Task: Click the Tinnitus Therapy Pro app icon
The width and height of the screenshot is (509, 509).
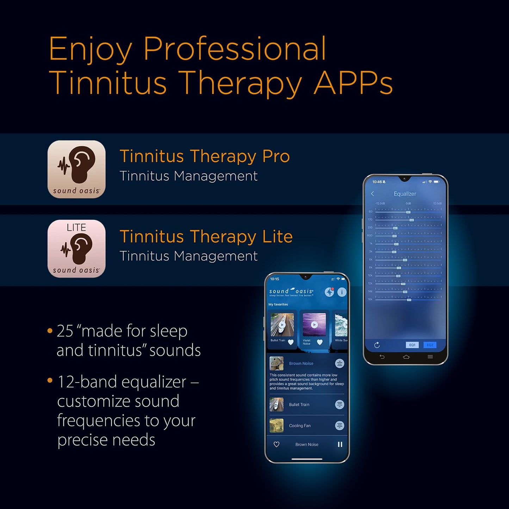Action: click(x=76, y=169)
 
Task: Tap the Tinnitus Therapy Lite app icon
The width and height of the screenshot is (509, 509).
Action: click(x=76, y=249)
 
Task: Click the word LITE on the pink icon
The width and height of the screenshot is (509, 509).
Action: click(x=76, y=228)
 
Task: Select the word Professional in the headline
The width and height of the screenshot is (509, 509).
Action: click(x=235, y=49)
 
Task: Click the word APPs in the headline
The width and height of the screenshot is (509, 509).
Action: click(x=353, y=83)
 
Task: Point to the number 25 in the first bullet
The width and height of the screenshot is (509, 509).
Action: click(x=65, y=331)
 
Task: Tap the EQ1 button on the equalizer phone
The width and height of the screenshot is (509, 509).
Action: click(x=412, y=345)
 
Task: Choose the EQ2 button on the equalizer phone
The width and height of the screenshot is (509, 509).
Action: click(x=430, y=345)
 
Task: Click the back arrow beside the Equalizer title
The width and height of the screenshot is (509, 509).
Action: click(x=373, y=194)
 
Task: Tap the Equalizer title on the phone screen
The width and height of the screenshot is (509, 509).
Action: click(x=405, y=194)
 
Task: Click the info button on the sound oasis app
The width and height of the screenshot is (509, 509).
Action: click(x=342, y=292)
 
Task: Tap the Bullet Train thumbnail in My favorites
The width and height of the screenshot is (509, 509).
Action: click(x=282, y=325)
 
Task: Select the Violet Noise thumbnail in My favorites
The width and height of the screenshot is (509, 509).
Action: click(x=314, y=325)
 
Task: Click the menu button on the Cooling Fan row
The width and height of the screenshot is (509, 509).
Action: click(x=340, y=426)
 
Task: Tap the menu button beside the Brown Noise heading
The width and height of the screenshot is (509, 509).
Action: click(x=340, y=364)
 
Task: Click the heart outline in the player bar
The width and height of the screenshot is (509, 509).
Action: click(x=277, y=445)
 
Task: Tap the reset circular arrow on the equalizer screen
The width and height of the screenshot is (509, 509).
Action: click(x=377, y=345)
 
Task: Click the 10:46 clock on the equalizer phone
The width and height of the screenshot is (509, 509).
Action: click(x=377, y=182)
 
